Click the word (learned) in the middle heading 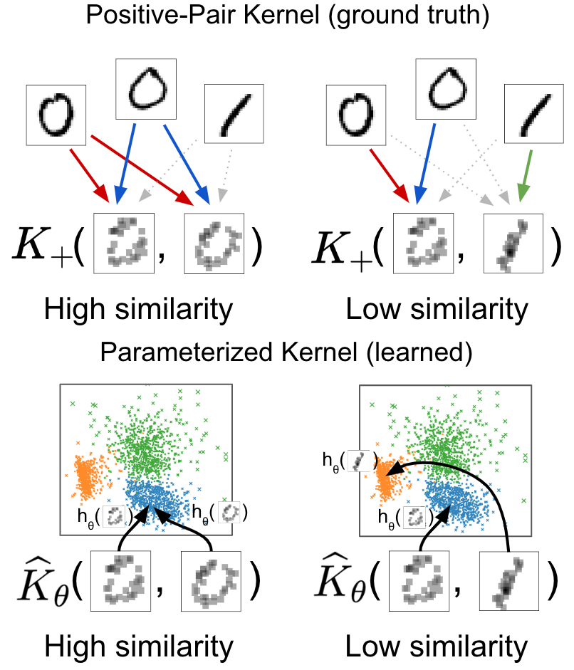tap(419, 352)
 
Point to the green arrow tap(526, 175)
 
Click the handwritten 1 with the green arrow tap(534, 114)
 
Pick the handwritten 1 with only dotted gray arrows tap(234, 114)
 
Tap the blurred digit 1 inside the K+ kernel tap(513, 244)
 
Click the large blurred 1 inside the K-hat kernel tap(508, 581)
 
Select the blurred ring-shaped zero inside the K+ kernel tap(214, 244)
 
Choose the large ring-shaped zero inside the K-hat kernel tap(211, 581)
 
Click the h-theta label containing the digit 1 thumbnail tap(350, 461)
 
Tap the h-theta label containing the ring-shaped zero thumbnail tap(219, 512)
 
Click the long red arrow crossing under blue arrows tap(143, 170)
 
